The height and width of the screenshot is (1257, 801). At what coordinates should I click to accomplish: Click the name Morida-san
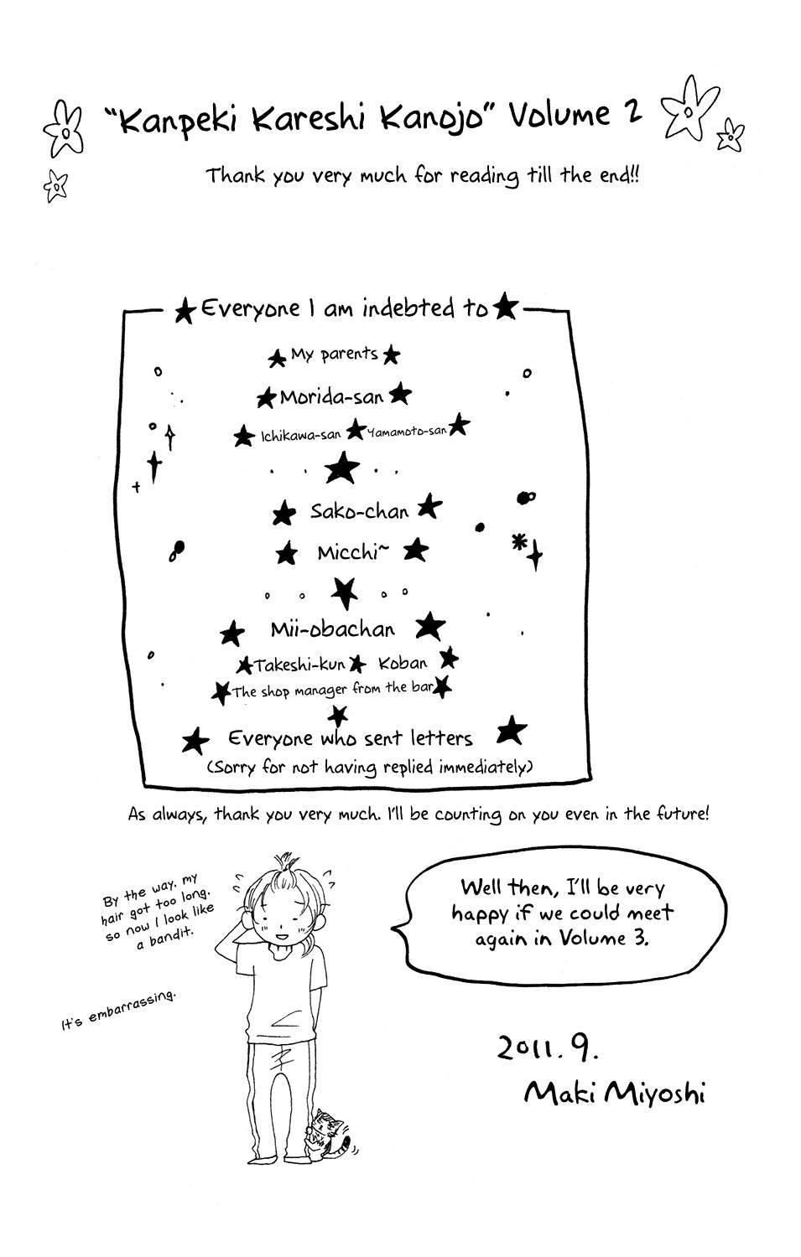point(331,397)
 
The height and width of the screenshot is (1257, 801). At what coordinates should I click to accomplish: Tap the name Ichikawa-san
point(300,436)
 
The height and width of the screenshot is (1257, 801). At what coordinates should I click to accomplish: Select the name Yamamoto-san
point(408,431)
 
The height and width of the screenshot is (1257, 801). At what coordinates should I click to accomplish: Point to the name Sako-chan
point(360,511)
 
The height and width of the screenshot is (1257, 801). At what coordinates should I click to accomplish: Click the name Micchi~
point(353,553)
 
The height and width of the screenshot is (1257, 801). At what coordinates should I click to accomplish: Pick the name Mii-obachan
point(332,629)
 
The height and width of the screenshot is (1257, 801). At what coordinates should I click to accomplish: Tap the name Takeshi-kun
point(300,665)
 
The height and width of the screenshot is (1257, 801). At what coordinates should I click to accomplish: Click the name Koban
point(403,664)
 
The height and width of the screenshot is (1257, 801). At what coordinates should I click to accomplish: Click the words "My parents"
point(334,354)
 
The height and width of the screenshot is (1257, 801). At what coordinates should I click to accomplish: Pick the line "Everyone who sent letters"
point(350,738)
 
